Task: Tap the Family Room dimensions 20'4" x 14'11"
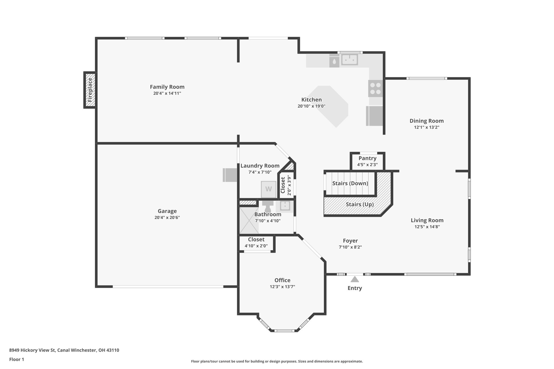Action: click(167, 94)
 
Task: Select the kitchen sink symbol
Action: click(349, 59)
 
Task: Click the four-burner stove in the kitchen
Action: click(375, 88)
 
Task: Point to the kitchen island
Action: click(329, 106)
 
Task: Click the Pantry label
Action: click(367, 158)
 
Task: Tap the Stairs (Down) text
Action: click(350, 184)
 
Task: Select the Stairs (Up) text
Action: click(360, 205)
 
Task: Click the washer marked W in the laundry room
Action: click(268, 189)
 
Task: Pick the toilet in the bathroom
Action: click(268, 207)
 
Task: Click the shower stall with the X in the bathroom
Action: click(249, 220)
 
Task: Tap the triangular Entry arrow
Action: click(354, 279)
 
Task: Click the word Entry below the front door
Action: click(354, 288)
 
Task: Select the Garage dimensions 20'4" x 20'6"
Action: click(167, 218)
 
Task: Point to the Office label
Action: click(282, 280)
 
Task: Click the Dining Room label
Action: click(426, 121)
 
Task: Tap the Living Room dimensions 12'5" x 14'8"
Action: click(427, 227)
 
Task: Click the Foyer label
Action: click(350, 241)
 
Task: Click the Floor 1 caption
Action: click(17, 360)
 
